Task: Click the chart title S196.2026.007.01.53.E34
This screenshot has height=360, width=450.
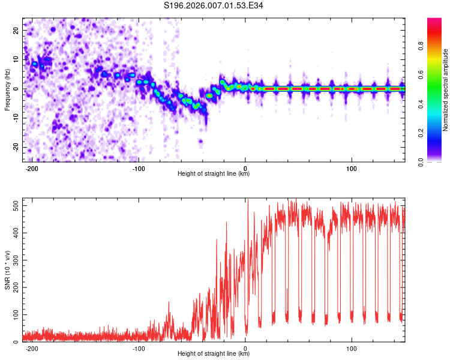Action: [x=214, y=5]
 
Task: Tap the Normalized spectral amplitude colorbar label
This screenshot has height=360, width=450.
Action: [x=446, y=90]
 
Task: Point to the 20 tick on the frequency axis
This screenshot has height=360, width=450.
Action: [x=16, y=30]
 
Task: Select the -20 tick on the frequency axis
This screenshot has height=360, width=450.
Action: [x=15, y=147]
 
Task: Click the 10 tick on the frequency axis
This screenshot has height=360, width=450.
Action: [x=16, y=59]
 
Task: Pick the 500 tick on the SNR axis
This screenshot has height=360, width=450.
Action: [x=14, y=205]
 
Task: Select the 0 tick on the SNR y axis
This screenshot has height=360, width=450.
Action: [x=17, y=342]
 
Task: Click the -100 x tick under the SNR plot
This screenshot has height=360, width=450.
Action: [x=139, y=349]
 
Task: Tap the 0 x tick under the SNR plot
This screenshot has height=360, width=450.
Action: [x=245, y=349]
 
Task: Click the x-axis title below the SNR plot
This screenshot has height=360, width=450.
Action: [x=214, y=354]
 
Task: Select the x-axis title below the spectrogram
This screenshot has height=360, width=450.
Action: [x=214, y=174]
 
